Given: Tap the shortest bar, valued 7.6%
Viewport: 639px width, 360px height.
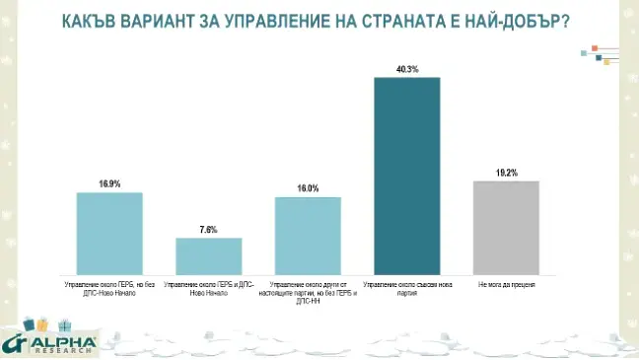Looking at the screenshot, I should coord(208,255).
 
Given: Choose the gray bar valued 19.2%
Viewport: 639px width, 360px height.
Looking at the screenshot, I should coord(506,227).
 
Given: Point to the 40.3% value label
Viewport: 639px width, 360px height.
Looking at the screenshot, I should coord(406,70).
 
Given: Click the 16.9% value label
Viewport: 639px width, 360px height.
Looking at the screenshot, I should coord(109,184).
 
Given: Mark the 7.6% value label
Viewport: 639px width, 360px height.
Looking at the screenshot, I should coord(208,230).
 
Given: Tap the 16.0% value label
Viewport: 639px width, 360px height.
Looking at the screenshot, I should coord(308,188).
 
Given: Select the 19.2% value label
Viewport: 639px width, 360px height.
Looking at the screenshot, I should coord(506,173).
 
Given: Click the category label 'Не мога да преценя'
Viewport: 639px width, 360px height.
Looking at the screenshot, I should coord(506,284).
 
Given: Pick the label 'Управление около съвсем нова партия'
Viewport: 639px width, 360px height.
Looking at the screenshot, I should coord(406,288).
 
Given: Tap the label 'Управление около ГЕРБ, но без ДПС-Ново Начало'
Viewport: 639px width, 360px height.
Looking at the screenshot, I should coord(109,288).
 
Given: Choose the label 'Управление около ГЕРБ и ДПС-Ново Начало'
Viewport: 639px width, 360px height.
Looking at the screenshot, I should coord(208,288).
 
